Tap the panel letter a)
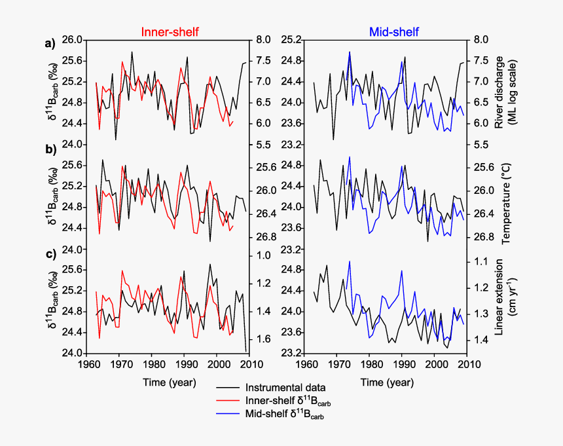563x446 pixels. click(50, 45)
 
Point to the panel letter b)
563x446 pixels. click(50, 149)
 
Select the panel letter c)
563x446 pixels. click(50, 254)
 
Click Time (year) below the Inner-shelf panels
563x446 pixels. click(169, 382)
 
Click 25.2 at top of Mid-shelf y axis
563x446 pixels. click(290, 40)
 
